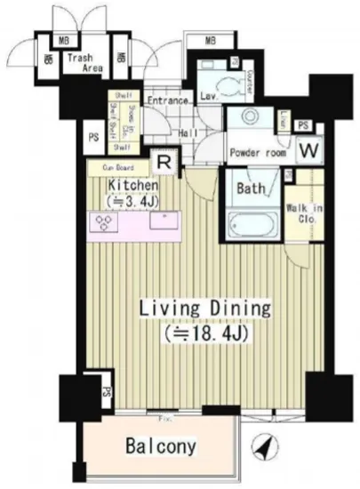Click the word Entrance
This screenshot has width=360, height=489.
(168, 100)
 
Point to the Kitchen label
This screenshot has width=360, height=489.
(133, 185)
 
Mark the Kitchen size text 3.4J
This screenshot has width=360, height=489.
(133, 201)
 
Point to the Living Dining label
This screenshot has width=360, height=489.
(204, 309)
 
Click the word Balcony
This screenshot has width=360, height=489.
(160, 445)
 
